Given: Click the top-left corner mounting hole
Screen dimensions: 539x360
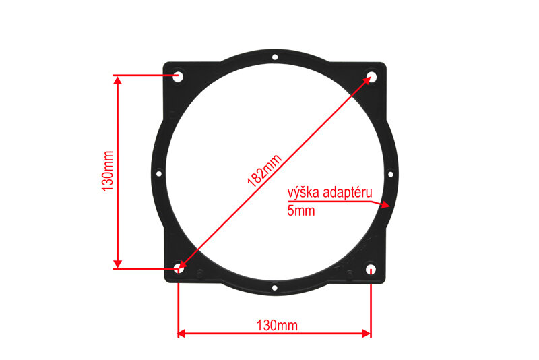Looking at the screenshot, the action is [x=178, y=76].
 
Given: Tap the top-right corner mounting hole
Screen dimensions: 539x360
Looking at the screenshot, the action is [x=371, y=76].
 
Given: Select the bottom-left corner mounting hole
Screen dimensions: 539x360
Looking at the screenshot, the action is [x=179, y=268].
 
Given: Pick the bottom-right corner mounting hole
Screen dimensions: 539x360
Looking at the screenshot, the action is [x=371, y=268].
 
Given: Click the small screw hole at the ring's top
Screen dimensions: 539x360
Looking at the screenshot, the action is [x=275, y=57].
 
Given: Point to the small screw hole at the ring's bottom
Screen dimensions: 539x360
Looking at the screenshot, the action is [x=275, y=287].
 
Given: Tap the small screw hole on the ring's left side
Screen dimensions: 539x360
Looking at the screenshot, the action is [x=159, y=174].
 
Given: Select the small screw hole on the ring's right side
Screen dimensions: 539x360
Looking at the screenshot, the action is [x=391, y=175].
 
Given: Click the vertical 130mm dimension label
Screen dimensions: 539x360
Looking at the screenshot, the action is [x=108, y=171].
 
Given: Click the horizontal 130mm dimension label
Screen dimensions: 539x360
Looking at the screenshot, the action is [x=277, y=325].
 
